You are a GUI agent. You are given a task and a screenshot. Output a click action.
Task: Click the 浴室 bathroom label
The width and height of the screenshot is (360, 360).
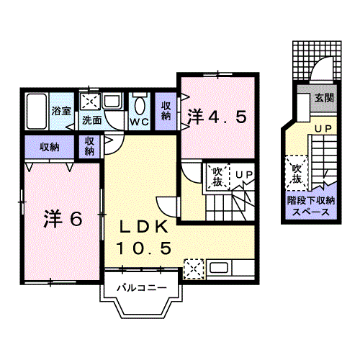(60, 111)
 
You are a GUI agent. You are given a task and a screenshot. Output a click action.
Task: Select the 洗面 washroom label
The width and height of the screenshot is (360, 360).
(91, 120)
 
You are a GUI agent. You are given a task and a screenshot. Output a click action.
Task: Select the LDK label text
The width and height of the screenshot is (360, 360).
(144, 228)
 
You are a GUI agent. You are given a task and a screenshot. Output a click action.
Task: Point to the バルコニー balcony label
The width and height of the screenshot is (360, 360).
(143, 289)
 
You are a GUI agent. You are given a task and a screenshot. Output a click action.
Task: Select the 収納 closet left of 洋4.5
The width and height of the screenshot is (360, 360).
(166, 111)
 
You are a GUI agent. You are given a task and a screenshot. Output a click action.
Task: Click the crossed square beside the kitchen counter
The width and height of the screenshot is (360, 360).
(193, 271)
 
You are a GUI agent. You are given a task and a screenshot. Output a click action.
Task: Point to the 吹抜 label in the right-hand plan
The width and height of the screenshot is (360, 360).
(296, 174)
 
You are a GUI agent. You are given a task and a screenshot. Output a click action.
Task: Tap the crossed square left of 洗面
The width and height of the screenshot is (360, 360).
(91, 102)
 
